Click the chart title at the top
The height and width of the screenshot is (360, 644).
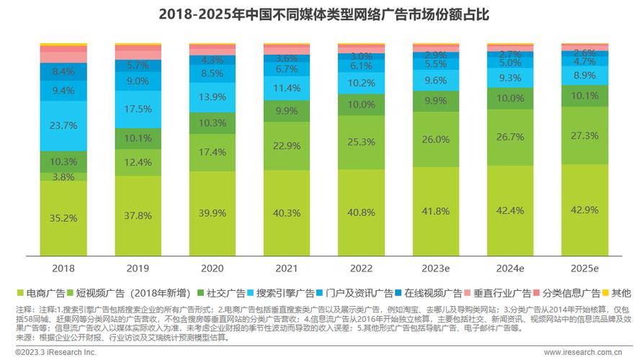[322, 14]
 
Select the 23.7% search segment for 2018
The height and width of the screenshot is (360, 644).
[63, 126]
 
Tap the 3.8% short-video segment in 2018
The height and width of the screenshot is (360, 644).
[63, 176]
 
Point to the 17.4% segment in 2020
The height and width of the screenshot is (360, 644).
[211, 153]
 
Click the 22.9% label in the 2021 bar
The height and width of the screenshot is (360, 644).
[286, 145]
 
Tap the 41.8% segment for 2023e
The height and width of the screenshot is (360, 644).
[434, 211]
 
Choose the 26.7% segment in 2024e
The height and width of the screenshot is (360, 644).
[509, 137]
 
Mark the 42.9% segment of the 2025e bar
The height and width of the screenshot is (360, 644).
[583, 210]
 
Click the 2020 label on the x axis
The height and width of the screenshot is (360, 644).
[211, 267]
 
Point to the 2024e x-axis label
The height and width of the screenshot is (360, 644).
[509, 267]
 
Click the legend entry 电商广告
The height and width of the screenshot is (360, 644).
[42, 293]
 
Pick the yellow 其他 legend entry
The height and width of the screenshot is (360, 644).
[620, 293]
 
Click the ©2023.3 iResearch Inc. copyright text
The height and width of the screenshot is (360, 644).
[50, 352]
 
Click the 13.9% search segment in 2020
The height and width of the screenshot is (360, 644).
[211, 96]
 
